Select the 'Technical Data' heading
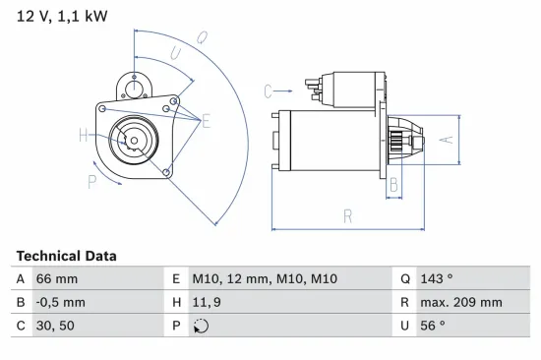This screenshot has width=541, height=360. pos(66,256)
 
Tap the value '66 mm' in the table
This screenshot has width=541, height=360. pos(58,279)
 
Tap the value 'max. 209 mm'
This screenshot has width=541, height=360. pos(460,303)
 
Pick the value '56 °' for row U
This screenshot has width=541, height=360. pos(433,327)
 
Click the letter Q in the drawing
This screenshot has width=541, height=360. pos(202,38)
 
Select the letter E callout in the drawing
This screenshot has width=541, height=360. pos(208,121)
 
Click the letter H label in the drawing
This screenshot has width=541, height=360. pos(84,136)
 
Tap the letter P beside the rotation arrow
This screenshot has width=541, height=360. pos(91,180)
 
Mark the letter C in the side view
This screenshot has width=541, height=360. pos(268,91)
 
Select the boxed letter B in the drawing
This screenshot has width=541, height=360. pos(393,183)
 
